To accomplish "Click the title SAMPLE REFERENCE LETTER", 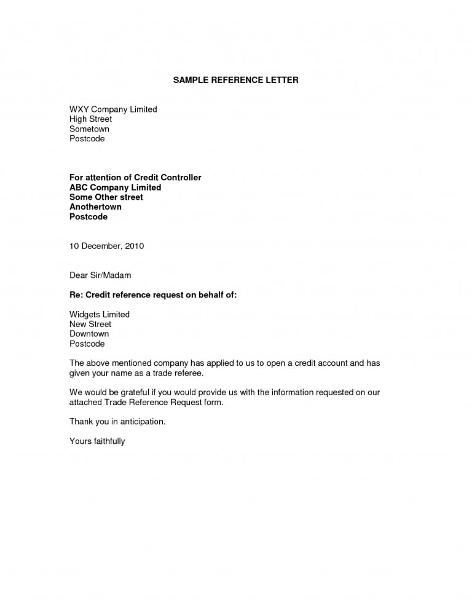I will point(235,81).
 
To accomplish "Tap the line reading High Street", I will point(90,119).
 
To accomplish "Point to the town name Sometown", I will point(89,129).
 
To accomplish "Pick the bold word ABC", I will point(79,187).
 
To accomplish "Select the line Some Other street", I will point(106,197).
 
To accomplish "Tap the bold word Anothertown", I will point(95,207).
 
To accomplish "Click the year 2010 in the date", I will point(134,246).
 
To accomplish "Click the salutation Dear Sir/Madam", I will point(100,275).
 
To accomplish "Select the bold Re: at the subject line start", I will point(76,295).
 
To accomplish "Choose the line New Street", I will point(90,325).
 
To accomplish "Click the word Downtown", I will point(89,334).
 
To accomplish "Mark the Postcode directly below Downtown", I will point(87,344).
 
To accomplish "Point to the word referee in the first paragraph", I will point(185,373).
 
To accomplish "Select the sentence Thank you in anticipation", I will point(117,422).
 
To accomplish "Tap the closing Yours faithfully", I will point(97,441).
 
